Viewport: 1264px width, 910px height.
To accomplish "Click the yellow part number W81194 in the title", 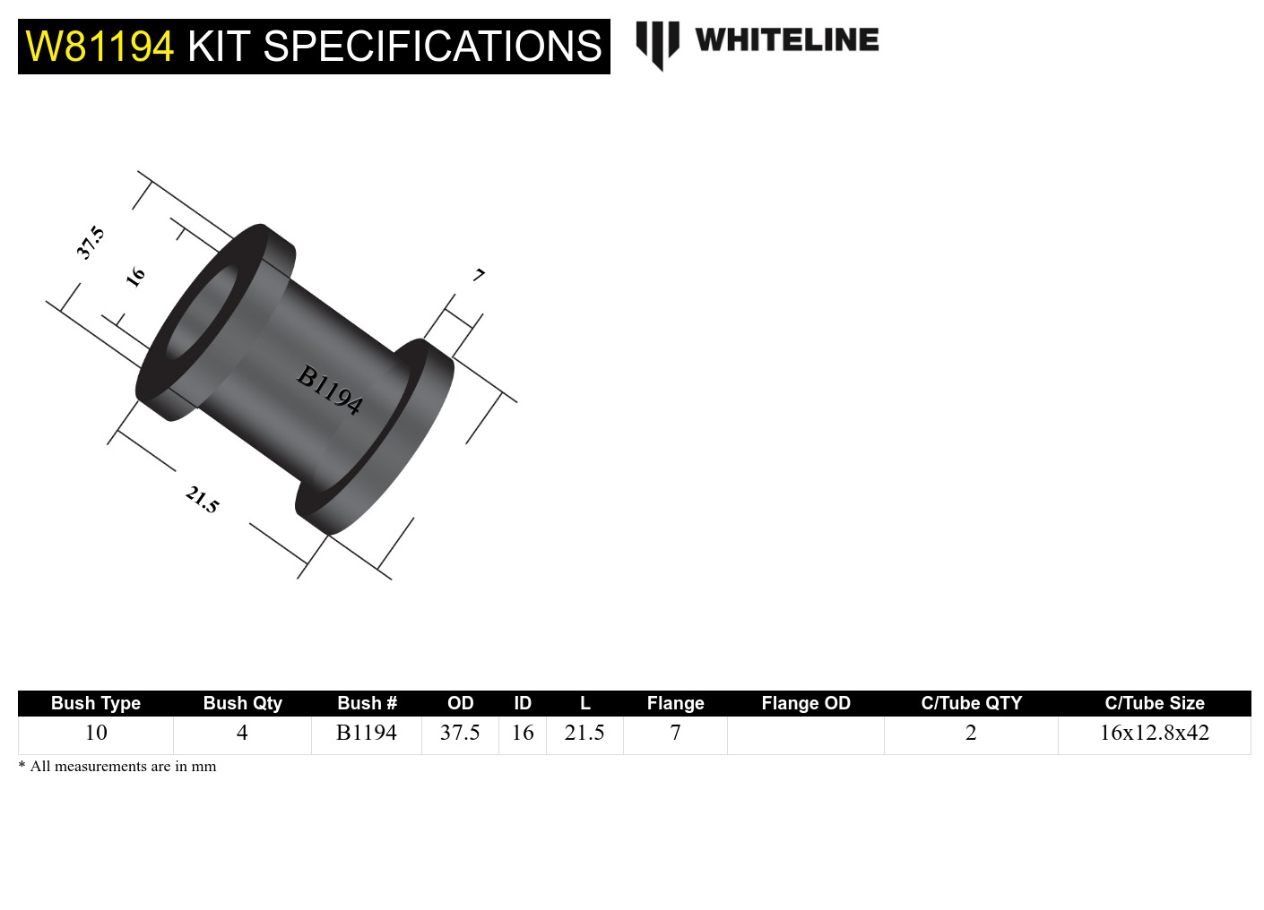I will (100, 47).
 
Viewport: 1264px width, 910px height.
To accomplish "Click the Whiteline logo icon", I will (657, 44).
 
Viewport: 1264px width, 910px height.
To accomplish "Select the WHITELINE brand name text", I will (787, 40).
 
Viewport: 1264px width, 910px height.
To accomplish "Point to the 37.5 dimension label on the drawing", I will (91, 243).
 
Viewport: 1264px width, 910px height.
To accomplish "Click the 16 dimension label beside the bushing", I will (135, 276).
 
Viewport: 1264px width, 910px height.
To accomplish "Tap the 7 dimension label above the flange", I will (480, 275).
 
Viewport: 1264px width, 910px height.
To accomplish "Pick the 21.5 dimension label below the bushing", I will (202, 499).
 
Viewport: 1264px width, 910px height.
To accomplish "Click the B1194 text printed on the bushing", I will (330, 390).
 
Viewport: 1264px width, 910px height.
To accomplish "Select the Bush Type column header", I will (96, 703).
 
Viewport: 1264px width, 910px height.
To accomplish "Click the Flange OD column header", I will (805, 703).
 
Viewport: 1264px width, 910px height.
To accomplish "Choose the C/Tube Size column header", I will (1154, 703).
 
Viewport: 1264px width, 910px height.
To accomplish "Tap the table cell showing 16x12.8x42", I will (1154, 733).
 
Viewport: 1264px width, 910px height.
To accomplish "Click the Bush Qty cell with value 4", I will (242, 733).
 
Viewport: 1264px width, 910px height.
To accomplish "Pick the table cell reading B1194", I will (366, 733).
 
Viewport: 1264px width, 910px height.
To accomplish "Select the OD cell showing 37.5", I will (460, 733).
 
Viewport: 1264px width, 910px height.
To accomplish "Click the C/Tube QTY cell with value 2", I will (971, 733).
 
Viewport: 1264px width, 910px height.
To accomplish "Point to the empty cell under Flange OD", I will (805, 734).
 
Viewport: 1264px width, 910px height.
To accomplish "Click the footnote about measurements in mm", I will (117, 767).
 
